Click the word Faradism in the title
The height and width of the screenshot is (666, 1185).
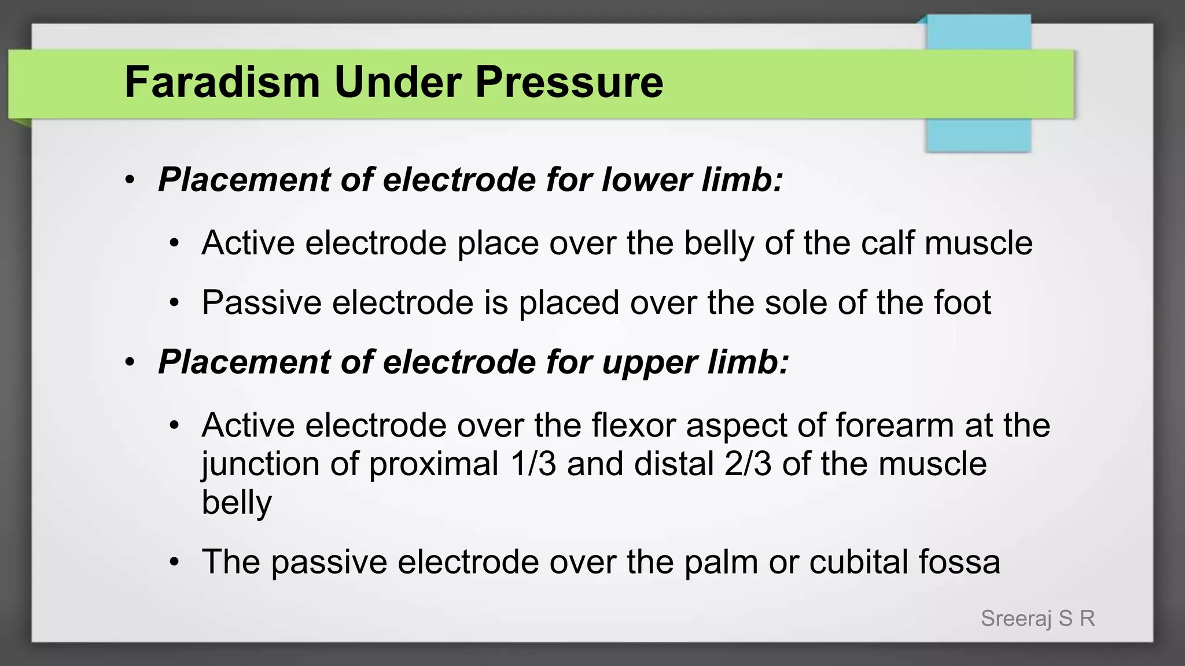[x=222, y=82]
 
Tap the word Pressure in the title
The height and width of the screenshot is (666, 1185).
[x=569, y=82]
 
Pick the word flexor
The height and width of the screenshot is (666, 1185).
[x=634, y=425]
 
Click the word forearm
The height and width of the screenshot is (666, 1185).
[x=895, y=425]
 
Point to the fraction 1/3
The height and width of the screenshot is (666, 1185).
[x=533, y=464]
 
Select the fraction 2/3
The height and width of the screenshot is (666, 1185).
[x=748, y=464]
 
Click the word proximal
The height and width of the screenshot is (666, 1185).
[x=434, y=465]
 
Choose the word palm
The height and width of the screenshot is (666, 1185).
[x=721, y=562]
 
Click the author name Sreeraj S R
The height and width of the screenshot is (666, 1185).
[x=1038, y=619]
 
